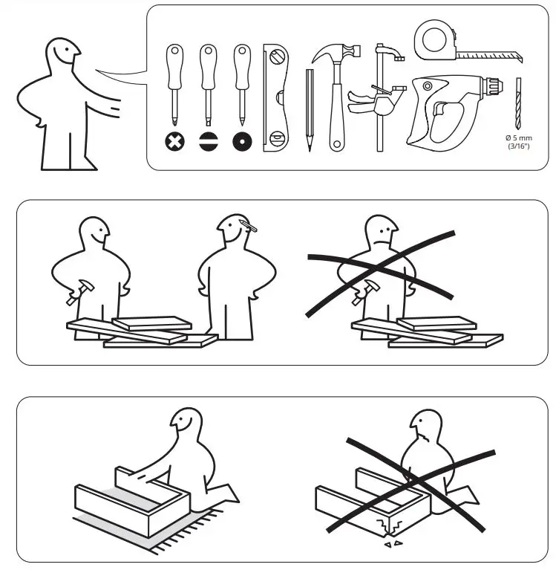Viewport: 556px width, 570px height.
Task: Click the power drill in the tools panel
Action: (x=450, y=108)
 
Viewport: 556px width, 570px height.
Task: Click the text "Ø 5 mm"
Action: (x=520, y=138)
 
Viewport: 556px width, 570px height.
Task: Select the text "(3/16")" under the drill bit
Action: (x=520, y=147)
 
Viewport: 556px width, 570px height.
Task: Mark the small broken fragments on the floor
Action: (x=395, y=545)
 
